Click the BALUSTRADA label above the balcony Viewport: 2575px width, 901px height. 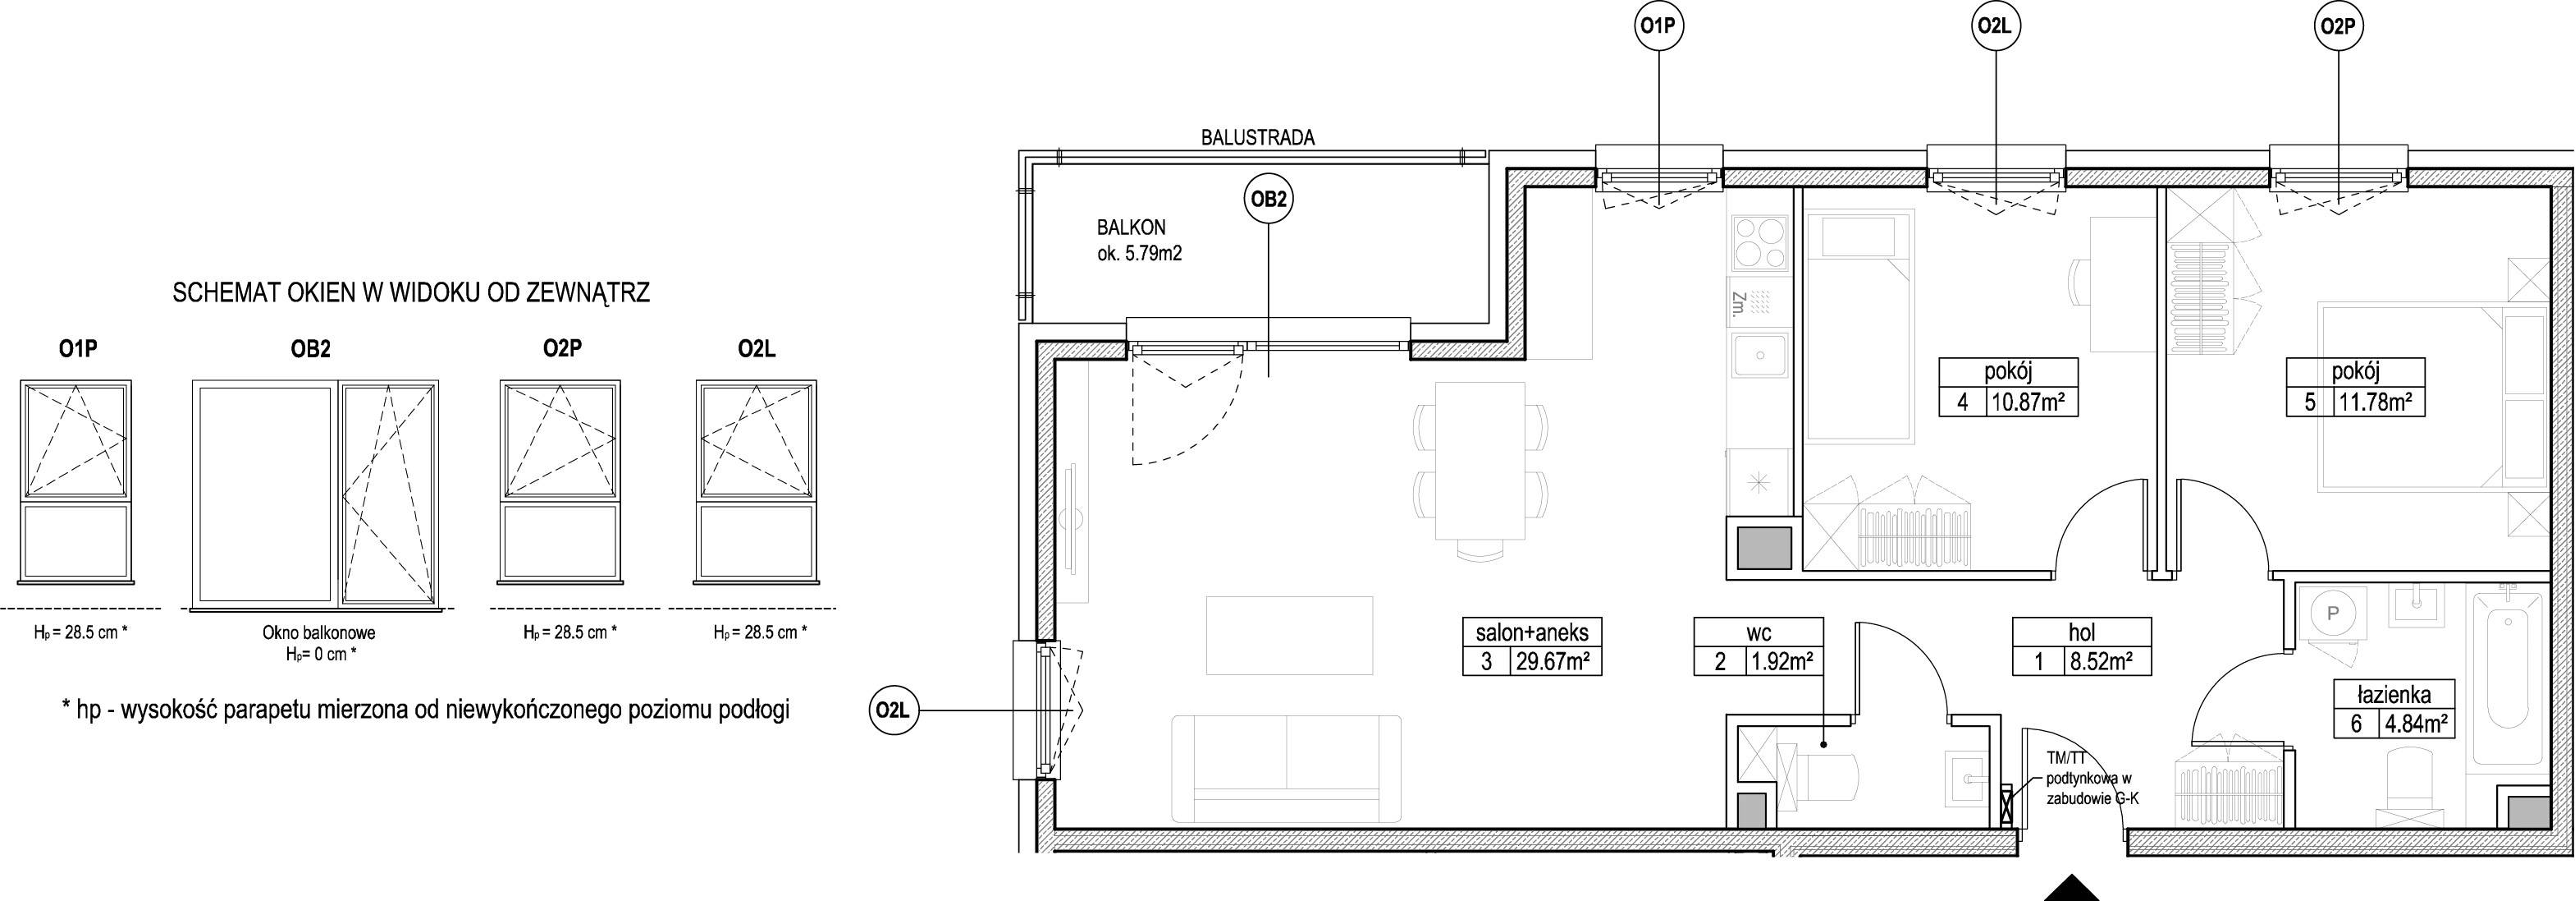(1257, 138)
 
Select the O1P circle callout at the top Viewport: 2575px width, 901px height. (1658, 29)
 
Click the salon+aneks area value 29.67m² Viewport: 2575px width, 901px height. (1553, 661)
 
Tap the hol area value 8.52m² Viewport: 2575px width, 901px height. (2103, 661)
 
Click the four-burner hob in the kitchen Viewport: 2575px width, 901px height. (1759, 242)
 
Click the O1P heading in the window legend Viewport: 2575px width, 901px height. (77, 349)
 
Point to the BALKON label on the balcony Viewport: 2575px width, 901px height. (1132, 228)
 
